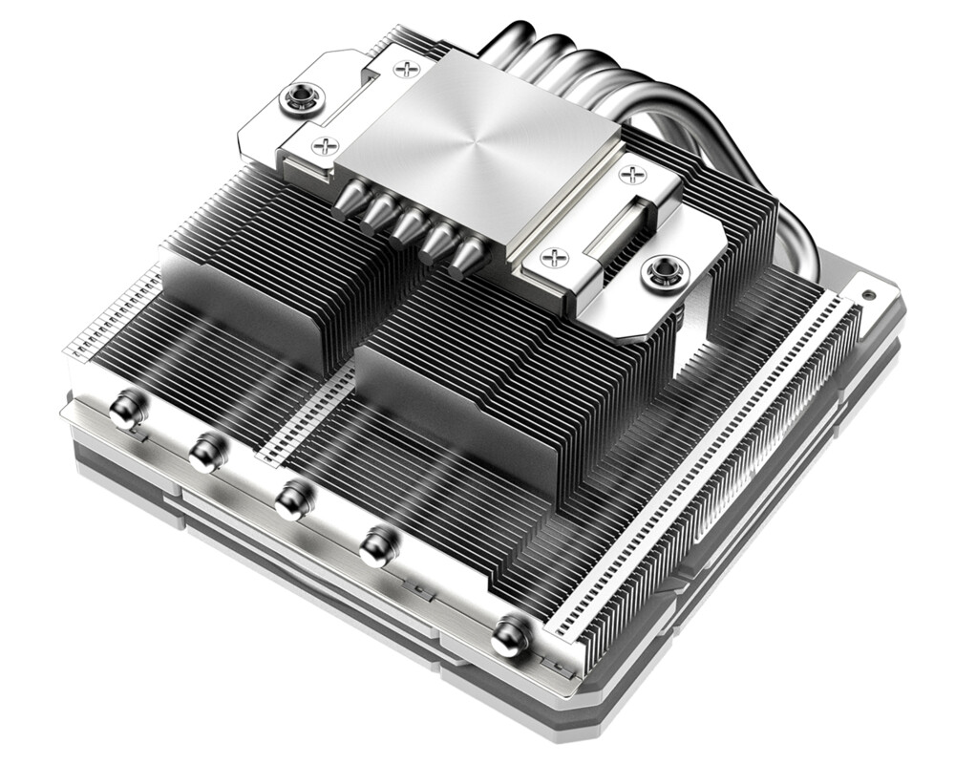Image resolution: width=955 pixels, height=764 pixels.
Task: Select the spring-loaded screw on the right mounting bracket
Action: [660, 272]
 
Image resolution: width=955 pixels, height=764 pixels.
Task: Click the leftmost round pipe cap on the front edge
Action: [125, 412]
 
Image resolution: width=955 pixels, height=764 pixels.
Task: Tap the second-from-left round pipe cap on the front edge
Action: [205, 452]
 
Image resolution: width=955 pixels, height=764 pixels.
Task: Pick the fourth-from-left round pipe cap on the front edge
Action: [378, 544]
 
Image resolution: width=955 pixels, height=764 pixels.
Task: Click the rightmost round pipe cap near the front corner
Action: [510, 633]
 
